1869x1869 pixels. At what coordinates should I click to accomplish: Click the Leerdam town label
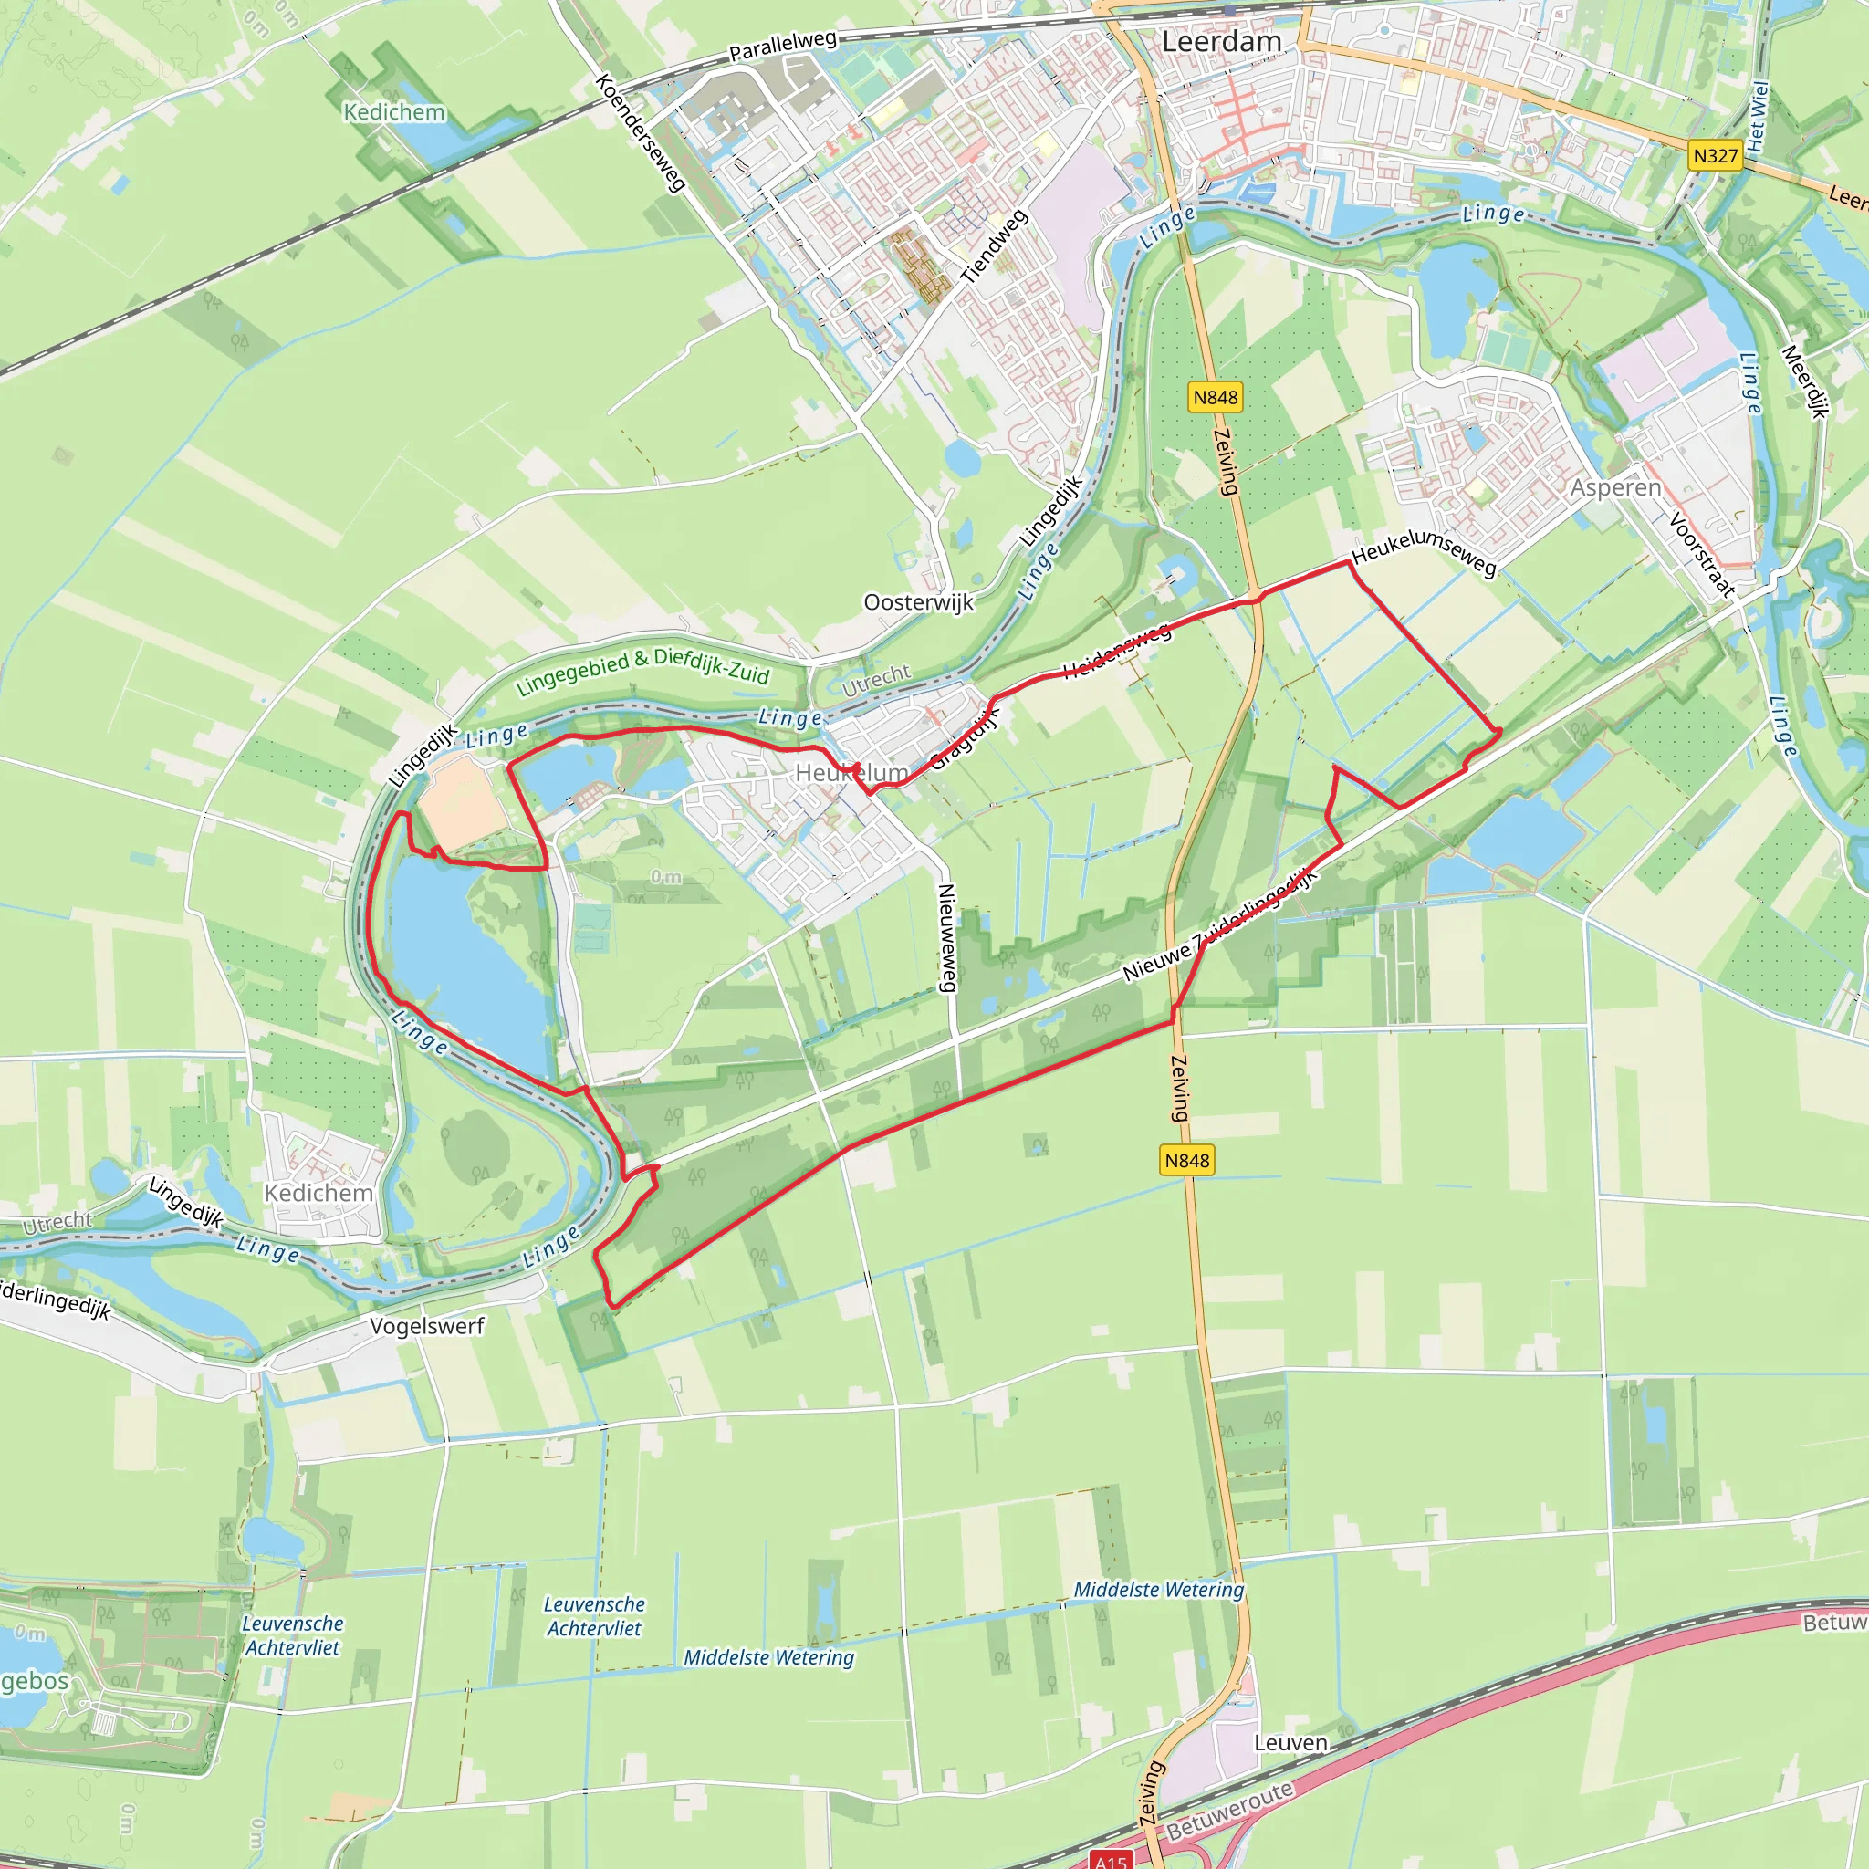coord(1221,42)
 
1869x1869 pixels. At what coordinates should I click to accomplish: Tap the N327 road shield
coord(1715,156)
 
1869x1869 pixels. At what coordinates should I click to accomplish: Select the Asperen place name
coord(1614,487)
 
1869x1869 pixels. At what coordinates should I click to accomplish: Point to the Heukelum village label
coord(851,773)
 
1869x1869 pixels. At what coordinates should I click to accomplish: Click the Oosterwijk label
coord(918,602)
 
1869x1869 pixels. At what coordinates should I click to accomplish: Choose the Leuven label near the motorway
coord(1290,1742)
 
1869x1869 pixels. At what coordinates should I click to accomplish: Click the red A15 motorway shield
coord(1111,1860)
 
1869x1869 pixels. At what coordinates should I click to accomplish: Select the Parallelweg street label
coord(783,45)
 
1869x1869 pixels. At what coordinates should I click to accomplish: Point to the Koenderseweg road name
coord(641,132)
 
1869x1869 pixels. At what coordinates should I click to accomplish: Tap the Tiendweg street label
coord(994,246)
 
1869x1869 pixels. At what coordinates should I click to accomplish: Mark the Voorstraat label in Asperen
coord(1701,554)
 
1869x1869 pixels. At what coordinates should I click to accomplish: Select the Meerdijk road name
coord(1805,381)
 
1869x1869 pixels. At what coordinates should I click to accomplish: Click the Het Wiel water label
coord(1758,116)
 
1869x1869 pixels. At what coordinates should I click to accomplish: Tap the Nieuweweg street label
coord(947,937)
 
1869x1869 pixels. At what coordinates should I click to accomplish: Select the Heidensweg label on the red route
coord(1117,651)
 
